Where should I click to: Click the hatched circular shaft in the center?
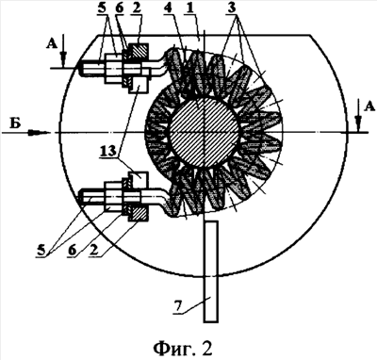pyautogui.click(x=204, y=133)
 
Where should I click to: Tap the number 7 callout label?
pyautogui.click(x=178, y=306)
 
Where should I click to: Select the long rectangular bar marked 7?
pyautogui.click(x=211, y=271)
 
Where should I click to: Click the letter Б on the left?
pyautogui.click(x=15, y=124)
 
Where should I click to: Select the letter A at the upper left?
pyautogui.click(x=52, y=45)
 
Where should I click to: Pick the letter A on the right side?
pyautogui.click(x=369, y=107)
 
